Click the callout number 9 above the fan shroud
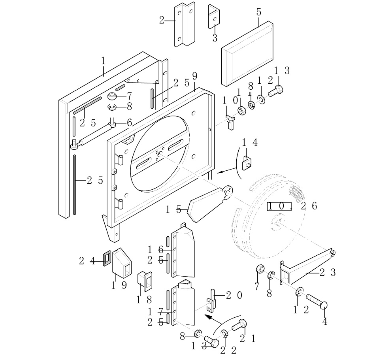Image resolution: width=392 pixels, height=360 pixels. click(194, 76)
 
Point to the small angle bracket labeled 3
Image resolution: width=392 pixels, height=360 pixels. click(214, 17)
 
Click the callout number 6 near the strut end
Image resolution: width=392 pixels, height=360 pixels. click(129, 123)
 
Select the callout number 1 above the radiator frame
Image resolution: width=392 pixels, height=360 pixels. click(103, 61)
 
